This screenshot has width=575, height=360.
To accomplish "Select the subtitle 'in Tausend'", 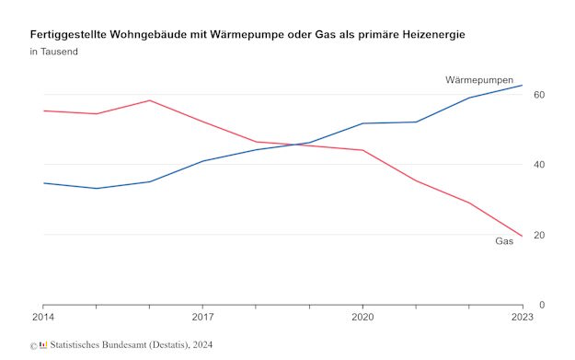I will (53, 52).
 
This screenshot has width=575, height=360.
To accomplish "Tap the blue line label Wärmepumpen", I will (479, 81).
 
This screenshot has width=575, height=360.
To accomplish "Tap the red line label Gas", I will (504, 241).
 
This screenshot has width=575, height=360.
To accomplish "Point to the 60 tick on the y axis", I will (539, 95).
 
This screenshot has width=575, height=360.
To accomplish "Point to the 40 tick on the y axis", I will (539, 165).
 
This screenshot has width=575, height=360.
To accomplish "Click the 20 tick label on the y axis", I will (539, 235).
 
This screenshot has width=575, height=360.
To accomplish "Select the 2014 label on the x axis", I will (42, 318).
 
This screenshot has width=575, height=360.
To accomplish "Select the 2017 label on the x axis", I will (202, 318).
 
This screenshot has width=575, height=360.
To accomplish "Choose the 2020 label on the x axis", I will (362, 318).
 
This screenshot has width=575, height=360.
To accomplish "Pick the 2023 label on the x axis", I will (521, 318).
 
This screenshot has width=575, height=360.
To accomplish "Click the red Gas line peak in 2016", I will (149, 100).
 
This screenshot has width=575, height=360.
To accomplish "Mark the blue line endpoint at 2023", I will (523, 86).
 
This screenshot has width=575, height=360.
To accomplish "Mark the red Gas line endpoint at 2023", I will (523, 237).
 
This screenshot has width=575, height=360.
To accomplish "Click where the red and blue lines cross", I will (300, 145).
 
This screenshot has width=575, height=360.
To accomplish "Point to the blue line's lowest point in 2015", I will (96, 189).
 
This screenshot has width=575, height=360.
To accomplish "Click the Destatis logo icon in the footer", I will (42, 345).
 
